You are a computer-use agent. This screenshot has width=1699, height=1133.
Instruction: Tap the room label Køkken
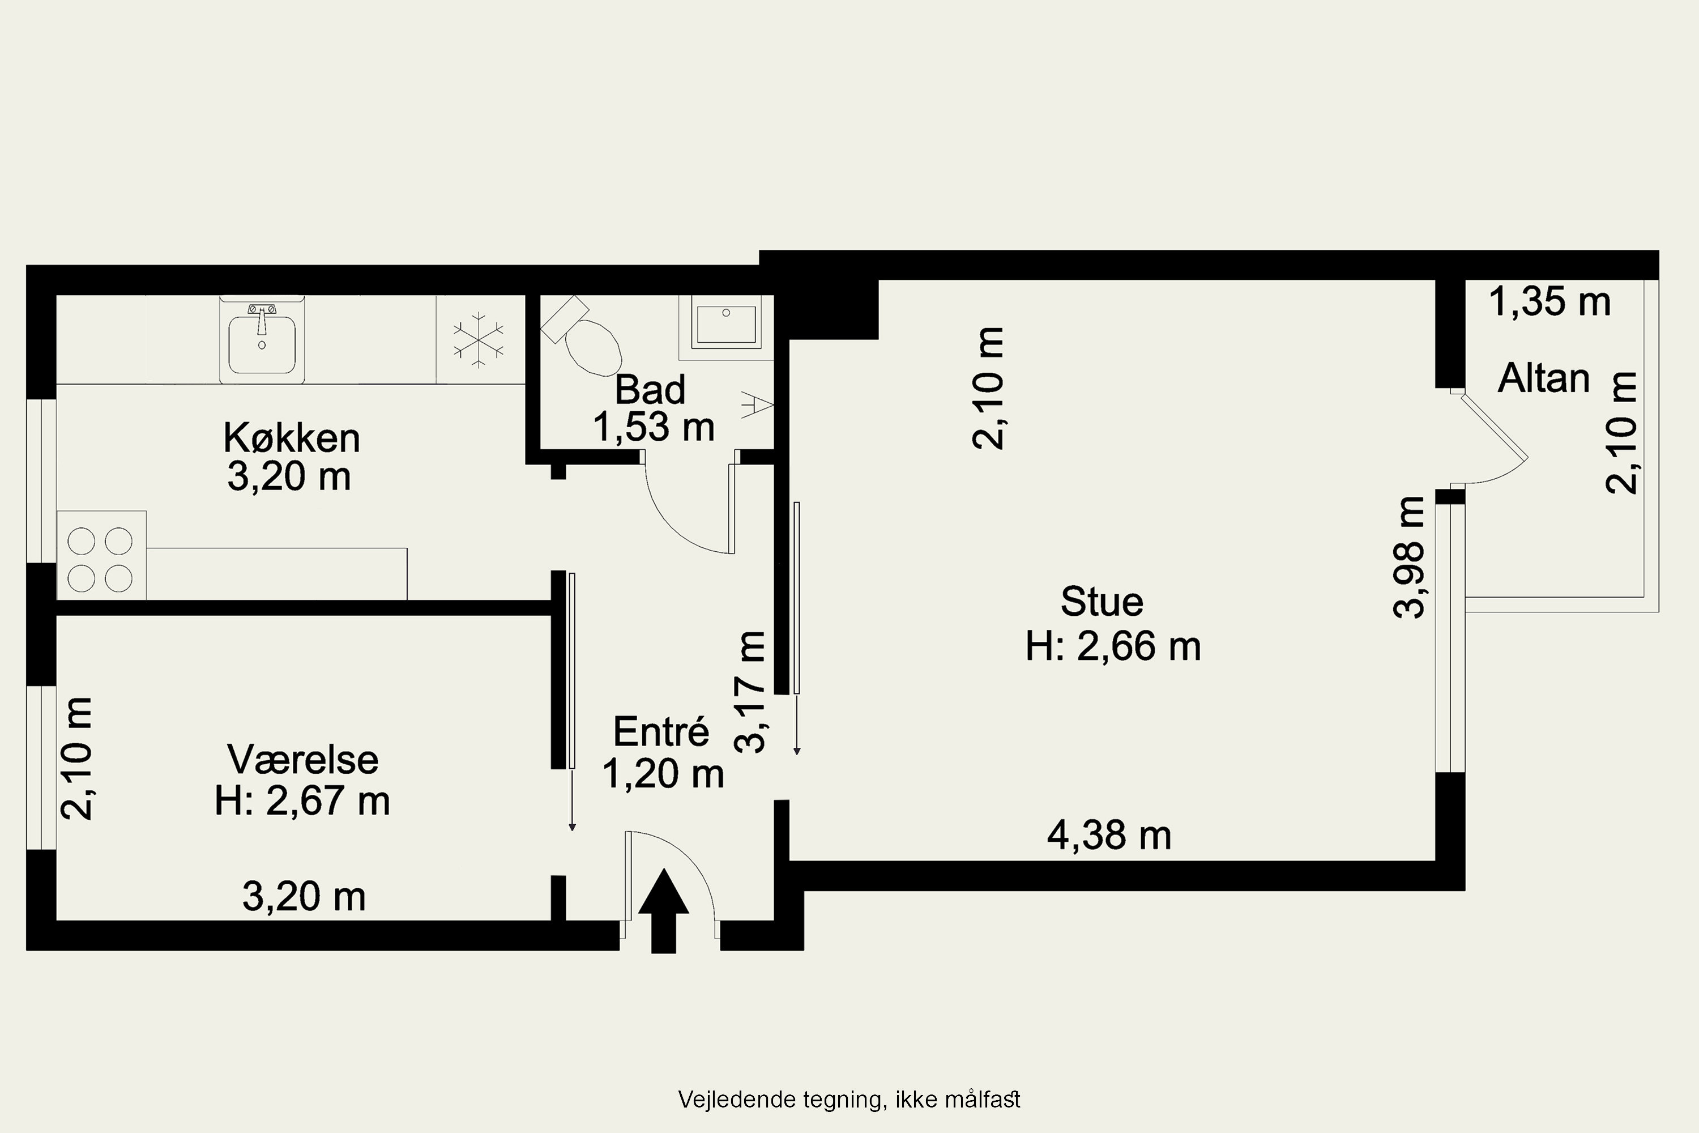tap(292, 438)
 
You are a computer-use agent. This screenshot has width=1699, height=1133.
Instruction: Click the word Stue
tap(1102, 601)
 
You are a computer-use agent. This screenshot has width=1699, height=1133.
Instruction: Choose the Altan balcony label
tap(1544, 378)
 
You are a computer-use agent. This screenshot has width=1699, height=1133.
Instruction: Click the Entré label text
tap(661, 731)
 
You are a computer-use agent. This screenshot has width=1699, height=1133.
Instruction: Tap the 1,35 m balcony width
tap(1550, 301)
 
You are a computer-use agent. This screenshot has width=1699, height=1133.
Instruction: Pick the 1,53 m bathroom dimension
tap(654, 427)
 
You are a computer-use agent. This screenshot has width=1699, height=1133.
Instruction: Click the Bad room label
tap(650, 390)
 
